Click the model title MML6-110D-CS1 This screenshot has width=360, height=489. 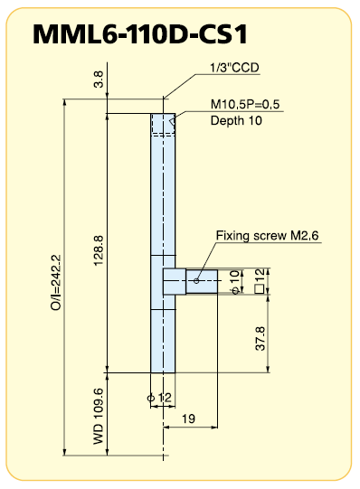pos(140,34)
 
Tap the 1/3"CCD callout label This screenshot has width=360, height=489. pos(234,68)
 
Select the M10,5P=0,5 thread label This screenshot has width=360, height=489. pos(245,104)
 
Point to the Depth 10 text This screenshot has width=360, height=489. pos(236,121)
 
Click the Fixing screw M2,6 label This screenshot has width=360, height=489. pos(268,235)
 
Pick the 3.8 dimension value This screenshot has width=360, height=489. pos(99,80)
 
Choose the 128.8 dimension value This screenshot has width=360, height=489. pos(99,250)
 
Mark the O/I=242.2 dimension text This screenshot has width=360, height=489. pos(56,283)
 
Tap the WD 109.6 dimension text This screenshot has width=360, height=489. pos(99,417)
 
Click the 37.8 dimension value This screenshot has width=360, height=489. pos(261,339)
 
